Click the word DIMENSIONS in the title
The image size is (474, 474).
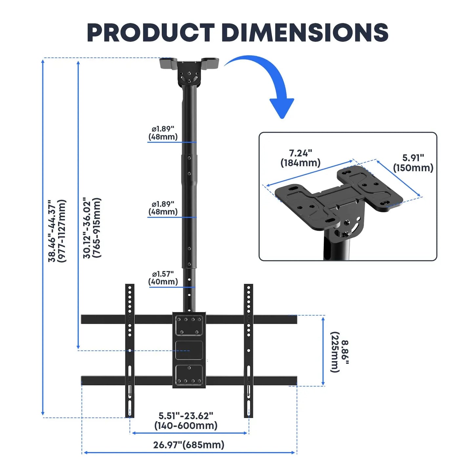[305, 33]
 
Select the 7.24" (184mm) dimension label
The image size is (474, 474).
[300, 158]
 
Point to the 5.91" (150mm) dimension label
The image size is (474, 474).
[413, 163]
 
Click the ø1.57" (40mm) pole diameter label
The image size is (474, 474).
[163, 278]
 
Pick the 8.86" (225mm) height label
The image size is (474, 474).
[340, 352]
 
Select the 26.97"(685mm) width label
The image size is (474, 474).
[189, 445]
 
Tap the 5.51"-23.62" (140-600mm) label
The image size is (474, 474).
[186, 421]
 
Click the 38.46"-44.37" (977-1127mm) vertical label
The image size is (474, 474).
[57, 231]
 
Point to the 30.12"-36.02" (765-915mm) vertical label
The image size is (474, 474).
[92, 228]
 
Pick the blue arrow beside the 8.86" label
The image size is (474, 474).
[323, 351]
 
